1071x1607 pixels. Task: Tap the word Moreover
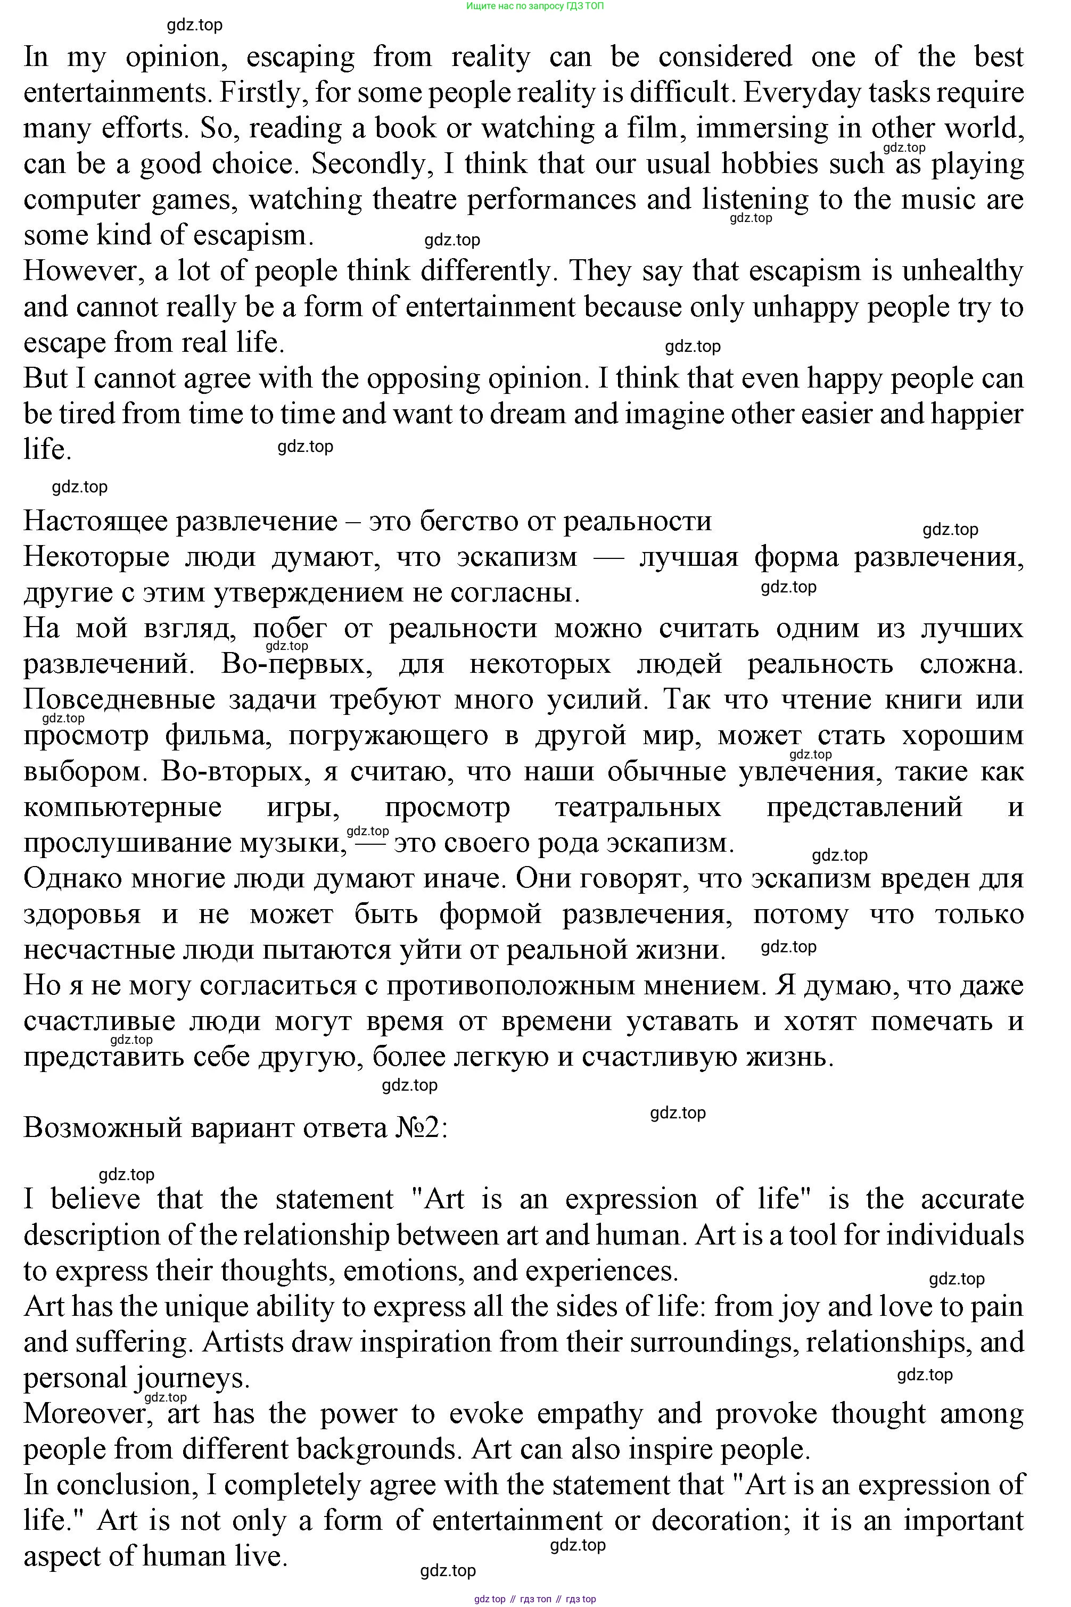87,1414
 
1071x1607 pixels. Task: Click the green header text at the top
535,6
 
